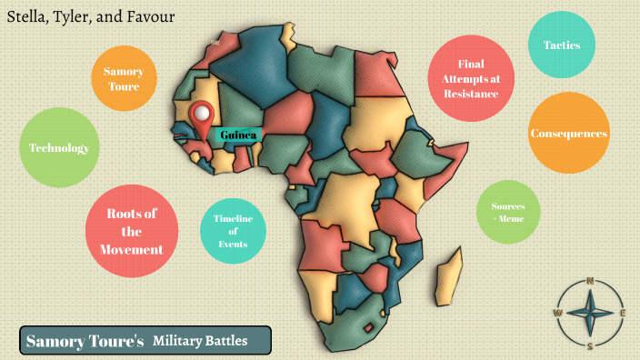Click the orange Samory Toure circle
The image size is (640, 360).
coord(123,79)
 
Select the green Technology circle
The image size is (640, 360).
coord(58,148)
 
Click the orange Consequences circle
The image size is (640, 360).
coord(568,133)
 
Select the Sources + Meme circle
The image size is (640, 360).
coord(508,213)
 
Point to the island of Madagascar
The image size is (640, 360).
coord(446,281)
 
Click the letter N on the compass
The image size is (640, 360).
coord(590,280)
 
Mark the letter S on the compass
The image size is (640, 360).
coord(590,346)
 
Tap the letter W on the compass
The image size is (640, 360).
coord(557,313)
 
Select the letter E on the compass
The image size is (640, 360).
coord(624,314)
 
